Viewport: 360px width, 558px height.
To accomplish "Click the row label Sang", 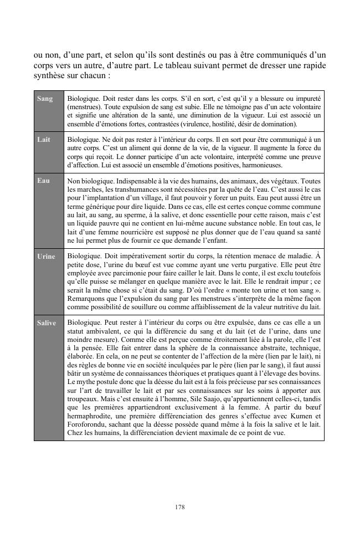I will [45, 99].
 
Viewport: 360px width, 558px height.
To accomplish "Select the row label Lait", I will [44, 140].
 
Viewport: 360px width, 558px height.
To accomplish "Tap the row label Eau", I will [43, 181].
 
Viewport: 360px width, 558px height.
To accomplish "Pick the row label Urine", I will [46, 257].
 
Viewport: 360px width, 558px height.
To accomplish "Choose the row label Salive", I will [47, 322].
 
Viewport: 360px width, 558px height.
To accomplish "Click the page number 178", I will [179, 507].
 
